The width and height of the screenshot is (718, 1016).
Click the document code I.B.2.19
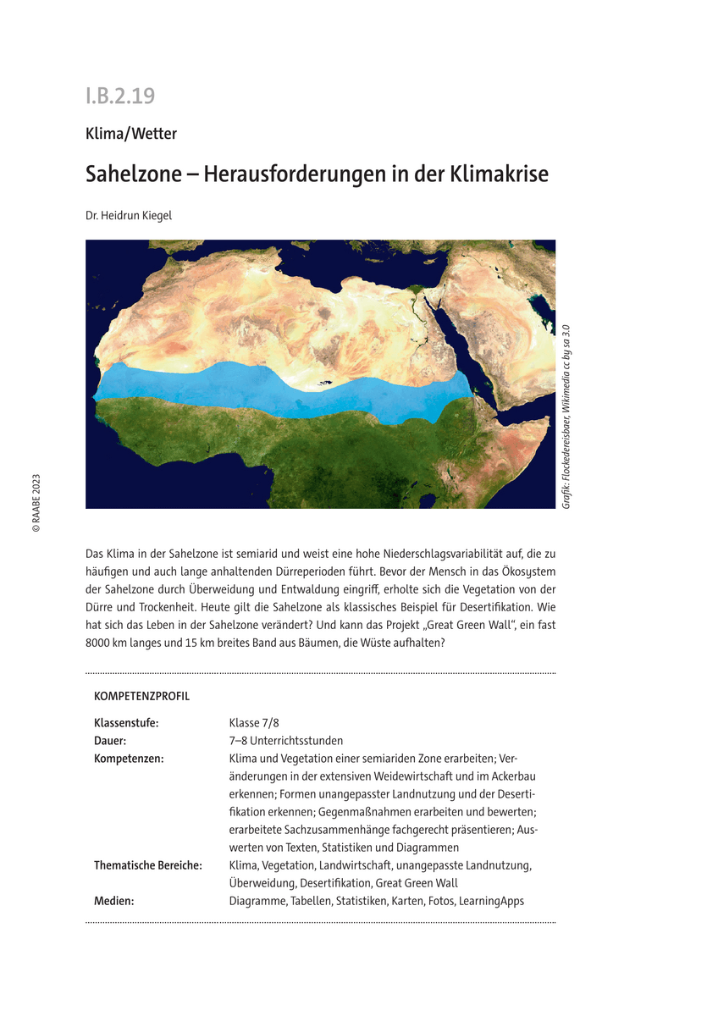tap(119, 96)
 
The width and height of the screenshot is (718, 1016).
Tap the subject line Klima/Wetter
tap(130, 133)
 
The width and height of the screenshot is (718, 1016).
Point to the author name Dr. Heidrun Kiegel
tap(128, 216)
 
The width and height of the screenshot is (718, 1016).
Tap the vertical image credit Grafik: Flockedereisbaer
tap(566, 415)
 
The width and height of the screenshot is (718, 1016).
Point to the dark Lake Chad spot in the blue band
tap(324, 384)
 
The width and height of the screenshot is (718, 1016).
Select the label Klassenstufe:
tap(126, 723)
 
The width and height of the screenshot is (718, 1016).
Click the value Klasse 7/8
tap(254, 723)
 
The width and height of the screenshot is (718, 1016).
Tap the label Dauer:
tap(111, 741)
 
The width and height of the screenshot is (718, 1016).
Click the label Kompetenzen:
tap(129, 759)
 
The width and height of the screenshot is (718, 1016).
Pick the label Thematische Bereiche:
tap(148, 865)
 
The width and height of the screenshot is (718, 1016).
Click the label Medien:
tap(113, 901)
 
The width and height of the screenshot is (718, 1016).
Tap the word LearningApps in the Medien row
tap(491, 901)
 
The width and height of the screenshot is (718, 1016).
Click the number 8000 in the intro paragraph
tap(102, 643)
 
